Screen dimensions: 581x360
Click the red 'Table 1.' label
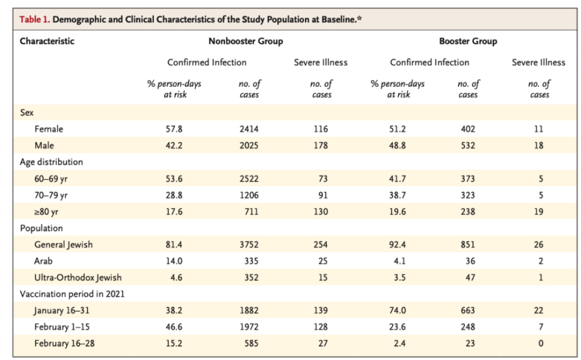pyautogui.click(x=34, y=19)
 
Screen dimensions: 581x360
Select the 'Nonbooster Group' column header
pyautogui.click(x=246, y=41)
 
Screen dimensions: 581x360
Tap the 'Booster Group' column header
pyautogui.click(x=468, y=41)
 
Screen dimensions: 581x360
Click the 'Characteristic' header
pyautogui.click(x=47, y=41)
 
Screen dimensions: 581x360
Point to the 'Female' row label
pyautogui.click(x=49, y=129)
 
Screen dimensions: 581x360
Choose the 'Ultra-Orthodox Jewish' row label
pyautogui.click(x=78, y=278)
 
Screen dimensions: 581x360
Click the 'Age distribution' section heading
pyautogui.click(x=52, y=162)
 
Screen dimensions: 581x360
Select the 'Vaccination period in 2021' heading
pyautogui.click(x=72, y=294)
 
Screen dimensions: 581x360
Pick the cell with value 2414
pyautogui.click(x=249, y=129)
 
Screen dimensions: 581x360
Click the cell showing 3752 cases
pyautogui.click(x=249, y=244)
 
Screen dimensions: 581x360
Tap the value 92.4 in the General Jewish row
pyautogui.click(x=397, y=244)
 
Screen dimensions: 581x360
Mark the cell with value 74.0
pyautogui.click(x=397, y=311)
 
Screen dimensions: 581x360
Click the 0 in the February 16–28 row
pyautogui.click(x=540, y=343)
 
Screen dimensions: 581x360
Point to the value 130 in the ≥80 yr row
pyautogui.click(x=321, y=211)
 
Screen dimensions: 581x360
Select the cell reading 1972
pyautogui.click(x=249, y=327)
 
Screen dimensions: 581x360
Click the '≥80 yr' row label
pyautogui.click(x=46, y=212)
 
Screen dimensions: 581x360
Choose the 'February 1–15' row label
pyautogui.click(x=62, y=327)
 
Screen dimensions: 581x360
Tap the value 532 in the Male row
pyautogui.click(x=468, y=146)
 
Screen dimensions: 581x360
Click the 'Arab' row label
pyautogui.click(x=44, y=261)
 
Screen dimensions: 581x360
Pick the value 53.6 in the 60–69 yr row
pyautogui.click(x=174, y=179)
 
